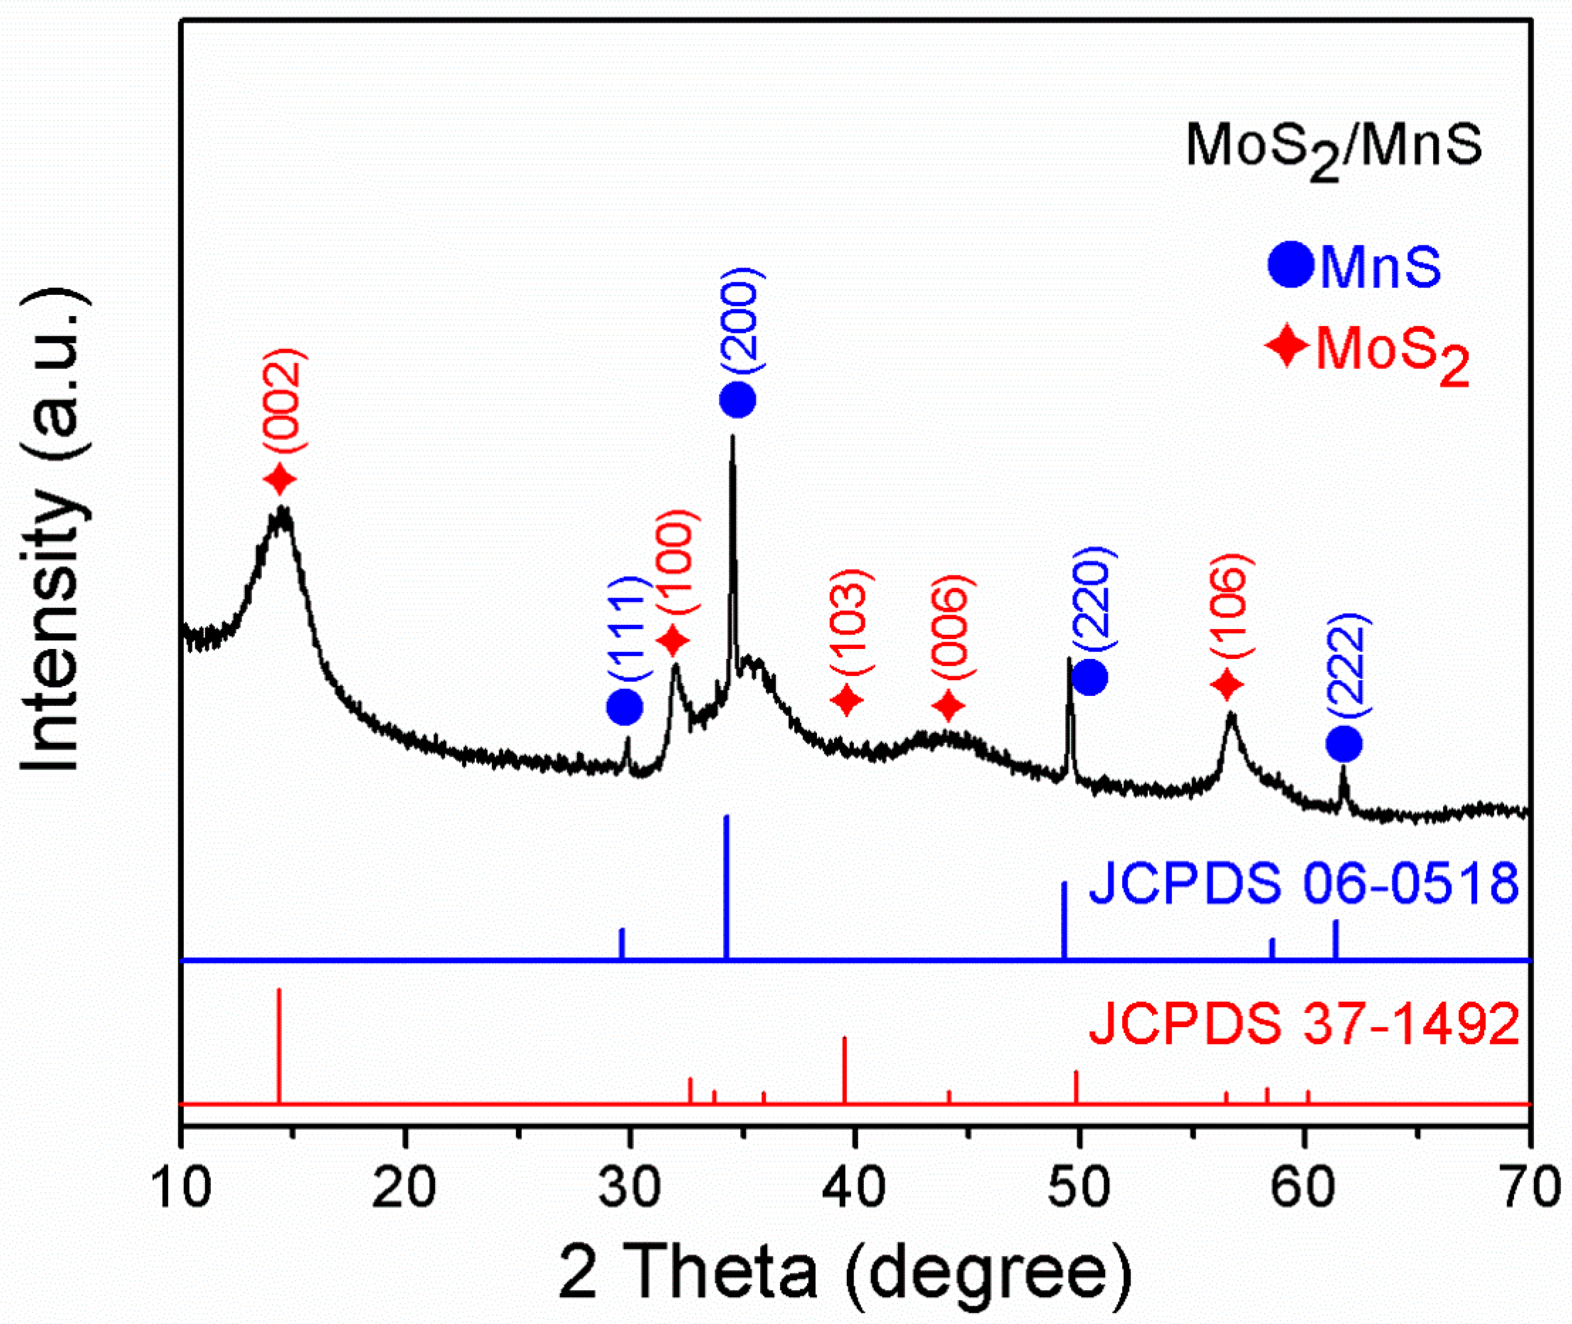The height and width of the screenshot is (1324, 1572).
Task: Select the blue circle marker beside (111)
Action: tap(625, 707)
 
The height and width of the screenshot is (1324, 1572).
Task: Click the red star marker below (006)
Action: tap(949, 705)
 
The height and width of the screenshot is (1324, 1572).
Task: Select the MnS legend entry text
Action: tap(1380, 267)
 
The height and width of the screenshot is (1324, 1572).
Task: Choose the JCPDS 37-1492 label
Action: tap(1303, 1025)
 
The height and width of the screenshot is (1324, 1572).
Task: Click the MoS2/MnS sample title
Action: tap(1333, 147)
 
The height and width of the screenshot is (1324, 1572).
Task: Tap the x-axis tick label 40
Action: tap(854, 1189)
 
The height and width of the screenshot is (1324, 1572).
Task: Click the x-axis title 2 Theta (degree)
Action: tap(845, 1273)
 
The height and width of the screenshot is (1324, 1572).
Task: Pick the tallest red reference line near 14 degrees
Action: tap(279, 1045)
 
